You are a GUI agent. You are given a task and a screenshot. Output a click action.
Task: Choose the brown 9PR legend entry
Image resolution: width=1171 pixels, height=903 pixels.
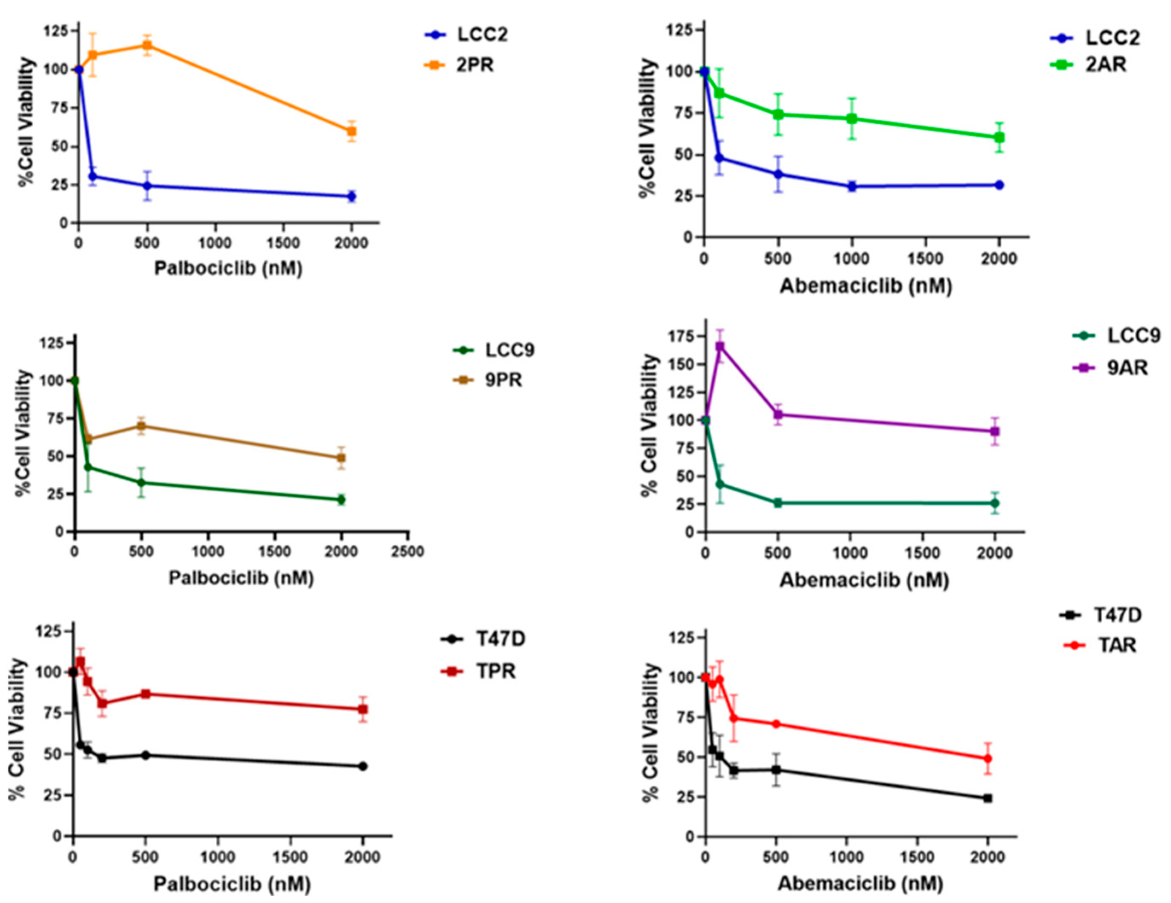(x=488, y=380)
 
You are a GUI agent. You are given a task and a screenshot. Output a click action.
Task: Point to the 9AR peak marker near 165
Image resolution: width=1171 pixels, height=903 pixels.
(x=720, y=347)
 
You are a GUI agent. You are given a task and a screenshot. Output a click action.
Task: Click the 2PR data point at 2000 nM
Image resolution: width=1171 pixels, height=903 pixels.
(x=352, y=131)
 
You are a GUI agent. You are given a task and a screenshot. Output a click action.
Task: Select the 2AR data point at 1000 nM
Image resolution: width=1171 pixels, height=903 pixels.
(x=852, y=119)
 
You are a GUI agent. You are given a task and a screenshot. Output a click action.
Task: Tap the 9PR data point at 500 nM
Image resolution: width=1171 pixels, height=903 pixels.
(x=142, y=427)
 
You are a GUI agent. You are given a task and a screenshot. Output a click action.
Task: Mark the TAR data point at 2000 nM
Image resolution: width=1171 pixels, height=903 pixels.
(x=987, y=759)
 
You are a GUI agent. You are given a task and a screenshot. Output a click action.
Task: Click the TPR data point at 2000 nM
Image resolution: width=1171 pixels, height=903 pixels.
(x=363, y=709)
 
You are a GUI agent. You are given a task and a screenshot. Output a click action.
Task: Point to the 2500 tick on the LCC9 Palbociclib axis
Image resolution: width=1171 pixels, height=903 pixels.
(x=408, y=552)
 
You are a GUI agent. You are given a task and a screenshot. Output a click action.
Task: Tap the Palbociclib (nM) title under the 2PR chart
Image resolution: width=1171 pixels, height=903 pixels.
(x=228, y=268)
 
